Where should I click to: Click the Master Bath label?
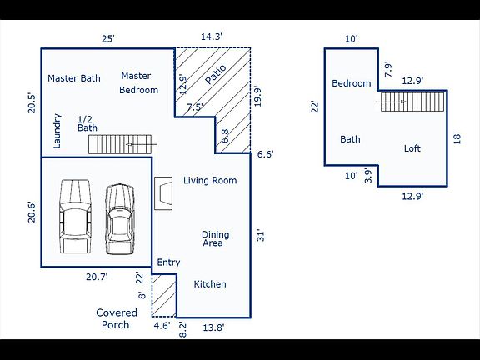[74, 78]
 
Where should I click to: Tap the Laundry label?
[57, 131]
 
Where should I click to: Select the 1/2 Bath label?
[87, 123]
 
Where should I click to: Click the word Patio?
[216, 74]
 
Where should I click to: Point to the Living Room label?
[210, 180]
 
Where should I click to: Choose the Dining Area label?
[216, 239]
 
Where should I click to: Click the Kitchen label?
[210, 284]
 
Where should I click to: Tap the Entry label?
[168, 262]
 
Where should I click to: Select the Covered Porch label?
[117, 318]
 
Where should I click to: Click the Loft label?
[412, 148]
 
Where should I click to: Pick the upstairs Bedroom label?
[352, 83]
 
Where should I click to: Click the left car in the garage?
[75, 217]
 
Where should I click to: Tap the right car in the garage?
[120, 219]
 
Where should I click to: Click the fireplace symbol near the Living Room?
[163, 193]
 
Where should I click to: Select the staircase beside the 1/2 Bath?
[120, 144]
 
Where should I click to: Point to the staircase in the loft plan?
[412, 102]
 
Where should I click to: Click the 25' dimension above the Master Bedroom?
[108, 39]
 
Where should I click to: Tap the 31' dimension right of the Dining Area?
[261, 235]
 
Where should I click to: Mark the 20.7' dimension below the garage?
[97, 277]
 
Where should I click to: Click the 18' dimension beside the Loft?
[457, 138]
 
